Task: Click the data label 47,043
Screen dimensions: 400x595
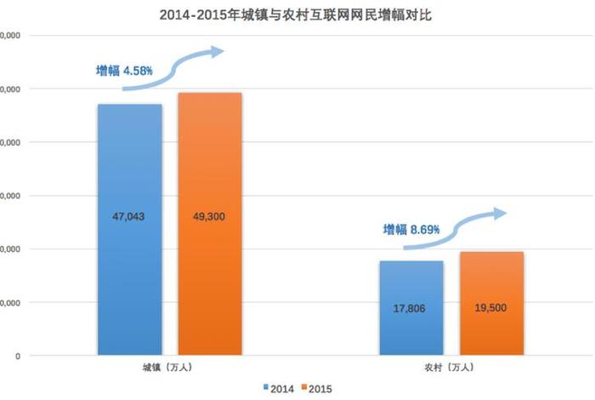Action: (129, 217)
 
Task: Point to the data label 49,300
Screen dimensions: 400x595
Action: (209, 217)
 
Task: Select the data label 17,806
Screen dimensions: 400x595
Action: (411, 308)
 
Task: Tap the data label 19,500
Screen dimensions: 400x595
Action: (491, 308)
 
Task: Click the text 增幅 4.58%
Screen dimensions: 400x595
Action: (124, 71)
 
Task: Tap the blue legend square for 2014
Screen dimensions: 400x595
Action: (266, 388)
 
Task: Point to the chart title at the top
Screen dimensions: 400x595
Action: (297, 15)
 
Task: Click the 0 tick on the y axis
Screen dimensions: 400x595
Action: (17, 356)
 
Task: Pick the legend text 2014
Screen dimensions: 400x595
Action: (282, 388)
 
